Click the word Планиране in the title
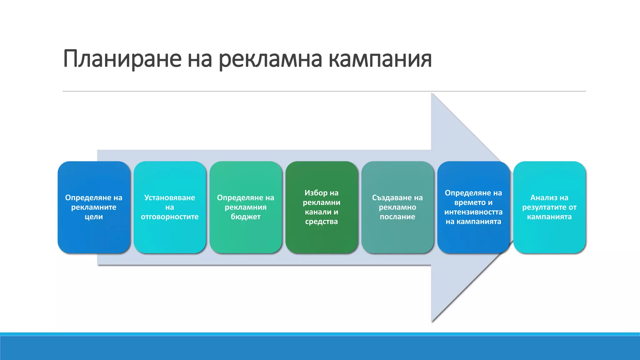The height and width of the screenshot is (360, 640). point(122,59)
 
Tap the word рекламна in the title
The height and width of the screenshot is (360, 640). point(270,59)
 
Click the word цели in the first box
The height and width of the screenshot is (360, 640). point(94,217)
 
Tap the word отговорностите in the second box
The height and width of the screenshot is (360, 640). point(170,217)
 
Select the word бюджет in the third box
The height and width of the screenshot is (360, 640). point(246,217)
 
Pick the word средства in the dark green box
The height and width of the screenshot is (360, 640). point(322,222)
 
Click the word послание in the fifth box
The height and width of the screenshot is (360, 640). point(397,217)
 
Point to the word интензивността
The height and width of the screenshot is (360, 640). point(473,212)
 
